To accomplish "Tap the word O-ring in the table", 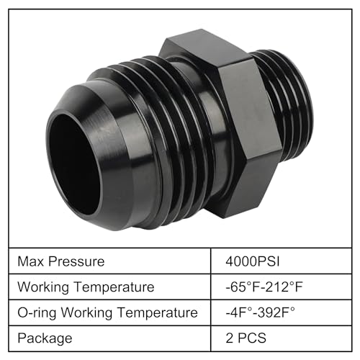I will pyautogui.click(x=36, y=312).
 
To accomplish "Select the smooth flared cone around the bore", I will pyautogui.click(x=86, y=115).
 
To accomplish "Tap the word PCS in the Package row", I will pyautogui.click(x=253, y=338).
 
